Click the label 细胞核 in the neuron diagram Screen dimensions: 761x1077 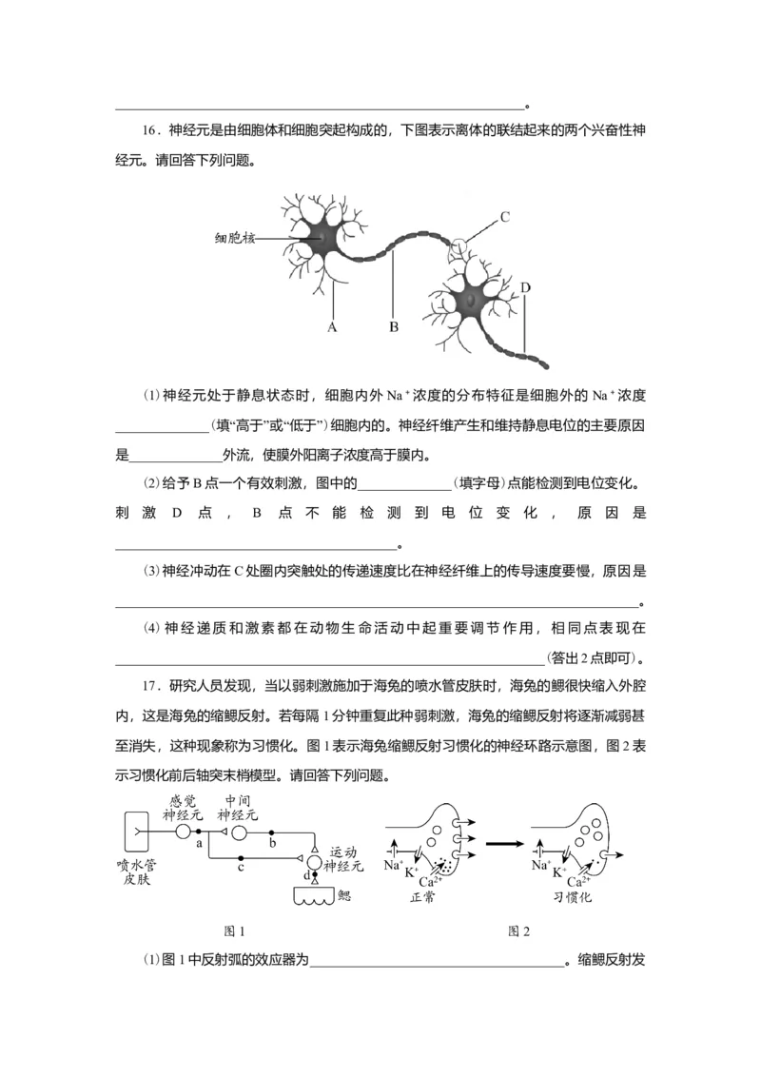tap(234, 238)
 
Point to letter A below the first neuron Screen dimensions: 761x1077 tap(333, 327)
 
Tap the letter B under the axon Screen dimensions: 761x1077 tap(393, 327)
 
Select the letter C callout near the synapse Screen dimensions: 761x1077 tap(505, 216)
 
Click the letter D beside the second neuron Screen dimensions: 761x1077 tap(524, 287)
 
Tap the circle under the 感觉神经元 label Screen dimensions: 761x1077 tap(184, 832)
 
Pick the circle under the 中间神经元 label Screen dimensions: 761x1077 tap(239, 832)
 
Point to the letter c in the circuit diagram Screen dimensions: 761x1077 tap(242, 868)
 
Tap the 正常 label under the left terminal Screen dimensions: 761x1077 tap(420, 897)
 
